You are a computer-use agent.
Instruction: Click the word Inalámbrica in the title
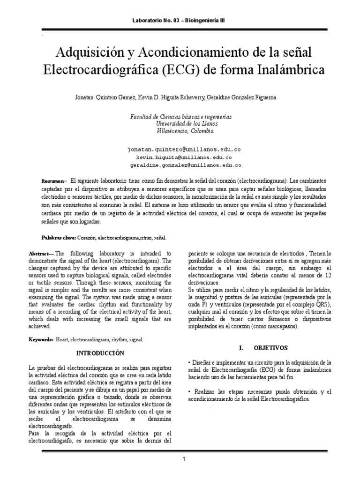click(x=291, y=70)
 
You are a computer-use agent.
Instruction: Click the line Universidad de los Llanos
click(x=180, y=125)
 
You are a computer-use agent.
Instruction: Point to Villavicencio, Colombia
click(x=180, y=131)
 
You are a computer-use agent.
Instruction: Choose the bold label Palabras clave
click(x=59, y=238)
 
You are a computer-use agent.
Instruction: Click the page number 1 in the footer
click(x=185, y=459)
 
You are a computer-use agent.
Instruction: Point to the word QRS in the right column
click(x=307, y=304)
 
